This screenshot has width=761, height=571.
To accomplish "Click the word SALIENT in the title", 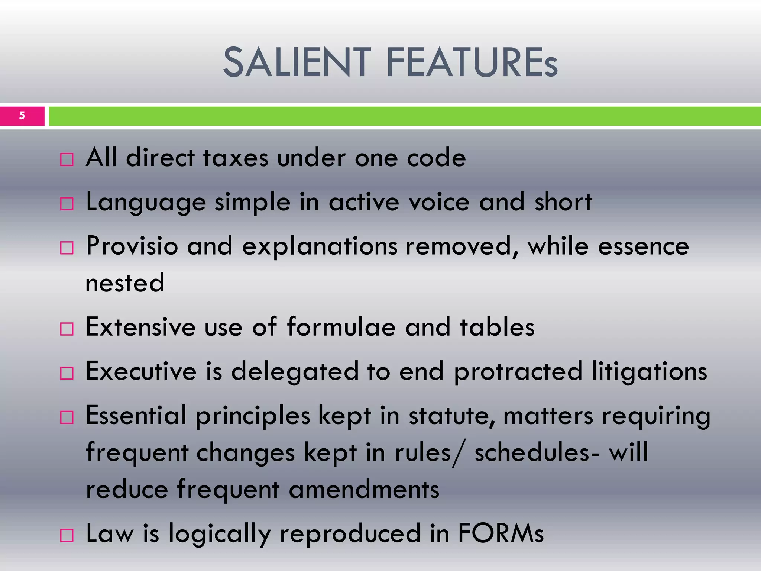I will (x=297, y=62).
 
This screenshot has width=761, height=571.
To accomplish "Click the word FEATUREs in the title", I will (x=472, y=62).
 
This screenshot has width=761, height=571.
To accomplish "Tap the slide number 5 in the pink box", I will (x=22, y=116).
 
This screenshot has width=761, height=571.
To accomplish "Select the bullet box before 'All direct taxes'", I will (x=67, y=160).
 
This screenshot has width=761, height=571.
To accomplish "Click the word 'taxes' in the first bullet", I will (x=236, y=158).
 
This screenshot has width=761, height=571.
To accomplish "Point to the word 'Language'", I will (x=146, y=203).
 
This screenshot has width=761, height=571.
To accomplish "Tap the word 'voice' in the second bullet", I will (x=439, y=202).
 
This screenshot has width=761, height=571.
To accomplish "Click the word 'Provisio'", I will (x=132, y=246).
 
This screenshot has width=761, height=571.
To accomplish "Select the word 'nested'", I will (x=125, y=283).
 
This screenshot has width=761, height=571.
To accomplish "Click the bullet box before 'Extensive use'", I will (x=67, y=329).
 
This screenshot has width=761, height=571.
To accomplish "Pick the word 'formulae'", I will (x=341, y=327).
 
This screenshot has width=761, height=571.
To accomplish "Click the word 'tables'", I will (x=497, y=327).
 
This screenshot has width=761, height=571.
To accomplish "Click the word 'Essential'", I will (x=136, y=416).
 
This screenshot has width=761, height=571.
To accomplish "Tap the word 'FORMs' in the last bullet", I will (x=501, y=533).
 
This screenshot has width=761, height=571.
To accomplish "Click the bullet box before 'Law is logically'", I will (x=67, y=536).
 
